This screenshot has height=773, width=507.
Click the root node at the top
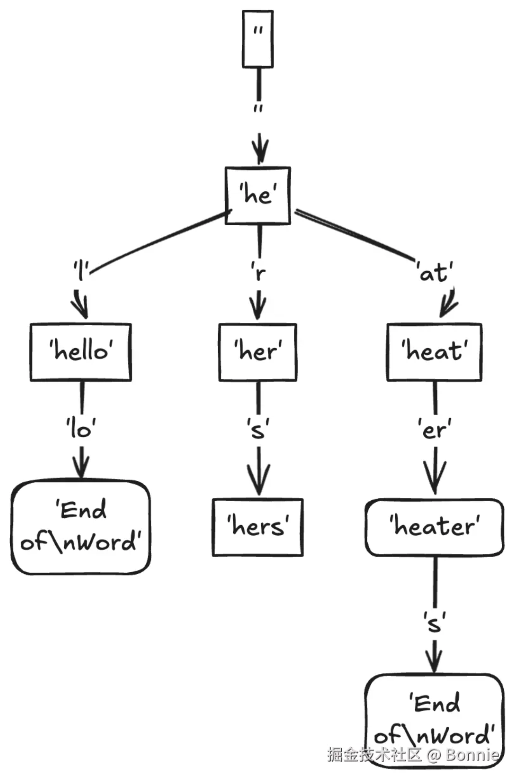258,39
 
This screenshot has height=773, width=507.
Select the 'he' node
258,195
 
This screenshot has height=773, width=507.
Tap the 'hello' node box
81,352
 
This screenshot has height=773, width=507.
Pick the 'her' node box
258,352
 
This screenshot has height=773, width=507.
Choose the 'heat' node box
434,352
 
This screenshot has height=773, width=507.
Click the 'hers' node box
258,527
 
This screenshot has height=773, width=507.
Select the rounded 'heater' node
434,527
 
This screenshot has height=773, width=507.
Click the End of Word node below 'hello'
81,527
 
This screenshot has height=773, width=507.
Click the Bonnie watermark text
472,755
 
